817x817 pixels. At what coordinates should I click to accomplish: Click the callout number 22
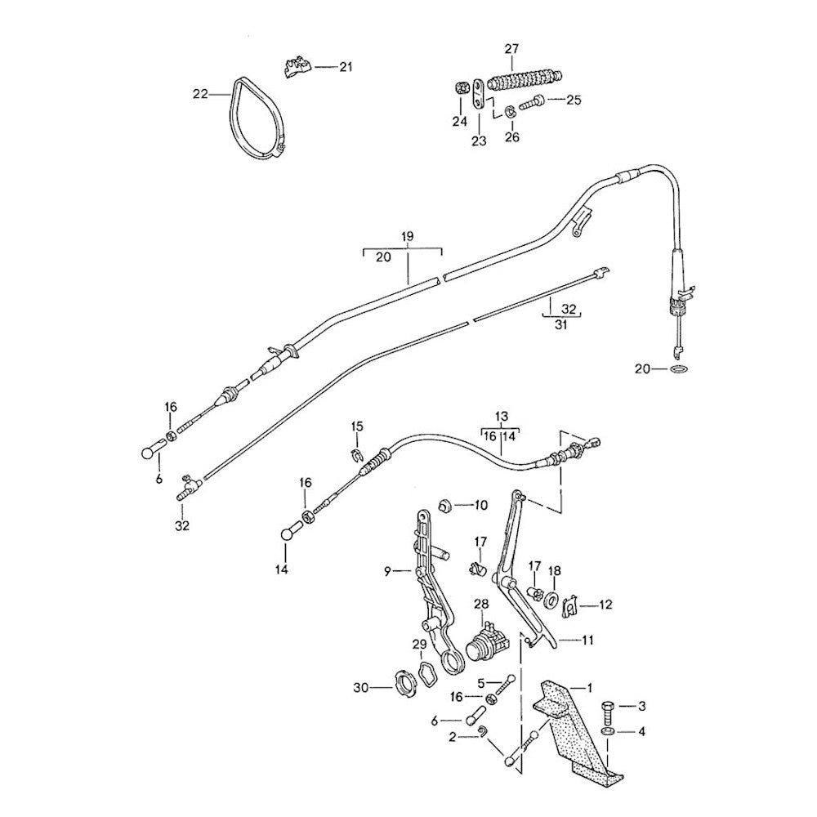click(200, 94)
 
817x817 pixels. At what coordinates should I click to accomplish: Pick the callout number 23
click(478, 141)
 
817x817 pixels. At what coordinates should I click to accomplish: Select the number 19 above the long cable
click(408, 236)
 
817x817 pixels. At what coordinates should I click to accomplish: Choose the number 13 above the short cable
click(501, 415)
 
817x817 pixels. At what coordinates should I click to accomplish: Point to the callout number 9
click(389, 570)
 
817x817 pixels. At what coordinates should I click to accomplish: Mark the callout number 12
click(605, 605)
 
